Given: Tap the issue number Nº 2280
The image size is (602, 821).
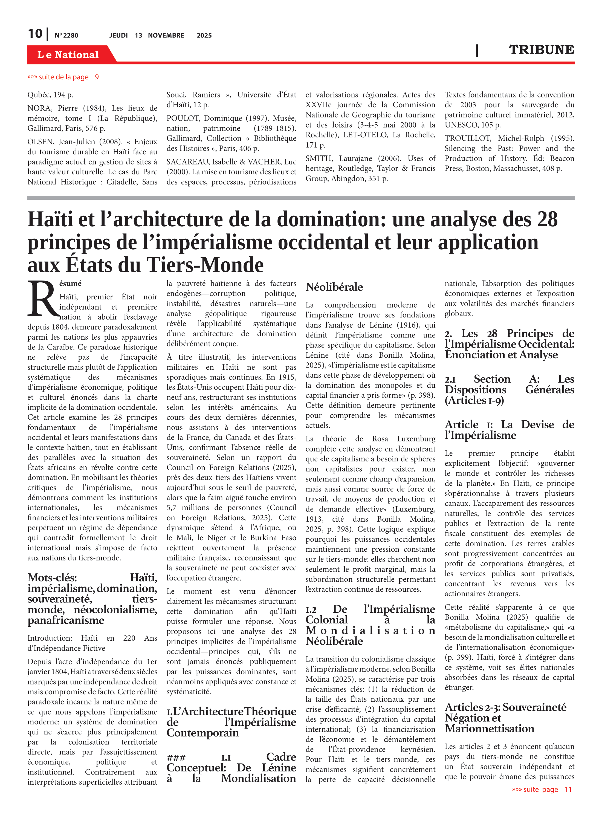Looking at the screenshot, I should [66, 35].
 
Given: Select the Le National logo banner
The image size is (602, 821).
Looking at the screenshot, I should [68, 55].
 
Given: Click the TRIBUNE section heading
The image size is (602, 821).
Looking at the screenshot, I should [541, 50].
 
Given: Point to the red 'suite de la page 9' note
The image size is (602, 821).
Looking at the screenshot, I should [63, 77].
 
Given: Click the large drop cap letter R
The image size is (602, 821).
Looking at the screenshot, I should [43, 299].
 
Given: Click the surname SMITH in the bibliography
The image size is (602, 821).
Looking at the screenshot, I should [319, 158].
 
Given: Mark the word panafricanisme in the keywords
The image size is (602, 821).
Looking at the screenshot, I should [66, 620].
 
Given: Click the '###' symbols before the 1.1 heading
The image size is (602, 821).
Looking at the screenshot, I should [176, 758].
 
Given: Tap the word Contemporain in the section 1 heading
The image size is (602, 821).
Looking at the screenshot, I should [202, 732].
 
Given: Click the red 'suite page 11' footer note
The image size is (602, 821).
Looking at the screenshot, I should [542, 789].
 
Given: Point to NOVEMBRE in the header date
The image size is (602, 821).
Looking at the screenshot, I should [166, 35].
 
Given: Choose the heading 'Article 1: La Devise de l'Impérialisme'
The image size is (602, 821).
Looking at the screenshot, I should [509, 430].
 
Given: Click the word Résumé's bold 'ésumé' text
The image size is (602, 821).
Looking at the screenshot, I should [70, 284].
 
